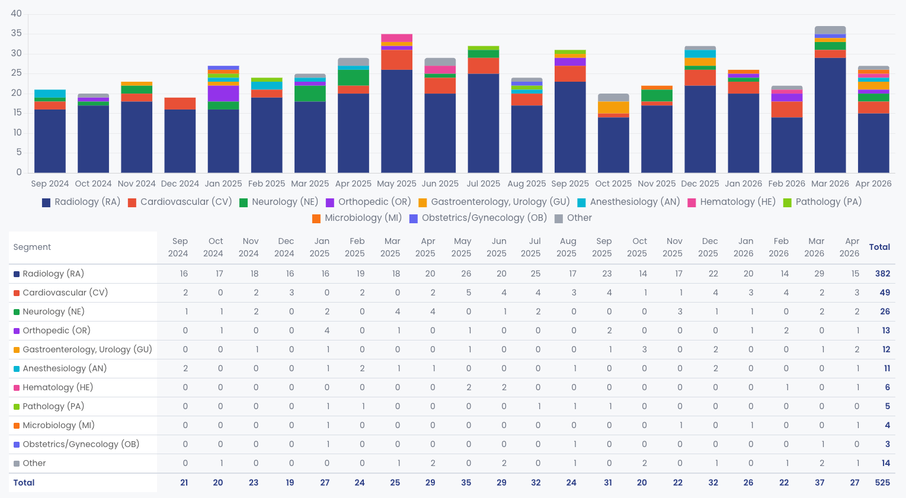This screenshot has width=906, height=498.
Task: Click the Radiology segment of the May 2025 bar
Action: [396, 121]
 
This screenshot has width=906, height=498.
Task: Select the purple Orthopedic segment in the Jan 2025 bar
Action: [223, 94]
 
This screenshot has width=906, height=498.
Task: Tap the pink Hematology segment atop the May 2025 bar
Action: [396, 38]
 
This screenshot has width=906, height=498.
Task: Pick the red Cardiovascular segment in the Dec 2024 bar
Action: [180, 104]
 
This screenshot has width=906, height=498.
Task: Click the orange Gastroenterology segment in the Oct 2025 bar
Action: [613, 108]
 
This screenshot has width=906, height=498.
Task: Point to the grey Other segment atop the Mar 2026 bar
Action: [830, 30]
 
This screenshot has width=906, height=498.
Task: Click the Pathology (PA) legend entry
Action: [822, 202]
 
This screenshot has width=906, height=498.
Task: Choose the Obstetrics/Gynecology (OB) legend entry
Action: [478, 219]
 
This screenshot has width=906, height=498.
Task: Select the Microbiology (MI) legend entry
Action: [357, 219]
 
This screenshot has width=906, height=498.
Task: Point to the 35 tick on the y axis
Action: [16, 34]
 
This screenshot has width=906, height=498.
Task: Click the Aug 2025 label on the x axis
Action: [527, 184]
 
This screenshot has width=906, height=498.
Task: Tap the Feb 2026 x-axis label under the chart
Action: [787, 184]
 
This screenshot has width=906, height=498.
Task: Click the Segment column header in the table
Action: [32, 247]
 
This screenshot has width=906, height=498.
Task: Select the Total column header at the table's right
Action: [880, 247]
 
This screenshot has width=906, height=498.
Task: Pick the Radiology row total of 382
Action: [882, 274]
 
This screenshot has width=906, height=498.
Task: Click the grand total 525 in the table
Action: [882, 483]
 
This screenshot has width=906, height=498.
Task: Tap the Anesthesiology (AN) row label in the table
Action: [65, 369]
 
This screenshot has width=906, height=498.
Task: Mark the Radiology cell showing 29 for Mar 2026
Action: [819, 274]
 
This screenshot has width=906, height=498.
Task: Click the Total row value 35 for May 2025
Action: [466, 483]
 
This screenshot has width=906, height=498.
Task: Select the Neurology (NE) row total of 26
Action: [885, 311]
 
